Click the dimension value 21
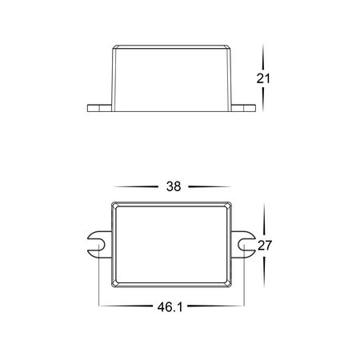(263, 78)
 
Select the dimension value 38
(174, 186)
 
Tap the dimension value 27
(265, 246)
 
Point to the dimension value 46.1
(170, 307)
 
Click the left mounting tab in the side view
(99, 108)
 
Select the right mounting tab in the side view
(243, 108)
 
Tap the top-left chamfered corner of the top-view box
(114, 205)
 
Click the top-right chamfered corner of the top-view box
(229, 205)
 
